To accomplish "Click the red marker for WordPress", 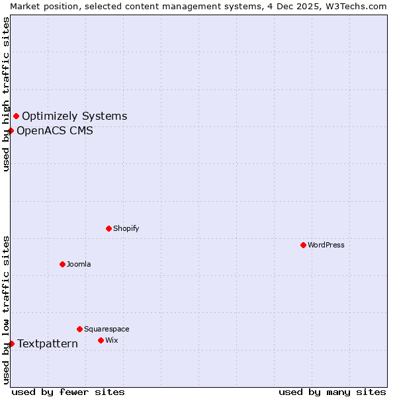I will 303,245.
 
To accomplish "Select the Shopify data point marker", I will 109,228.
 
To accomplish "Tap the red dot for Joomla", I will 62,264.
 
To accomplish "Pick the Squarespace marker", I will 79,329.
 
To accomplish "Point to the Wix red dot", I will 101,340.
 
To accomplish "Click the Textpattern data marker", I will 11,343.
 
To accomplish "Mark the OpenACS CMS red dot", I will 11,130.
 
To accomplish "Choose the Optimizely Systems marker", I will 16,116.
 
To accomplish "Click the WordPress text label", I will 326,245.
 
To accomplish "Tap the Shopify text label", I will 126,228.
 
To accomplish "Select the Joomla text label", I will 79,264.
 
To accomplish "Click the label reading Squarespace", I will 107,329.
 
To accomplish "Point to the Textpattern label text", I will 48,343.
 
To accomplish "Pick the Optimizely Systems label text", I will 74,116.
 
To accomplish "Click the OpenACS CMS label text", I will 55,130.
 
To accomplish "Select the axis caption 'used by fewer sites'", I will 68,392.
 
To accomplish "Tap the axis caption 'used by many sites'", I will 332,392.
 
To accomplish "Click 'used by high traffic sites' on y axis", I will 6,94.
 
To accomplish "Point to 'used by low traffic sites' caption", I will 6,310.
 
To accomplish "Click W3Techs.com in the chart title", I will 358,6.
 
